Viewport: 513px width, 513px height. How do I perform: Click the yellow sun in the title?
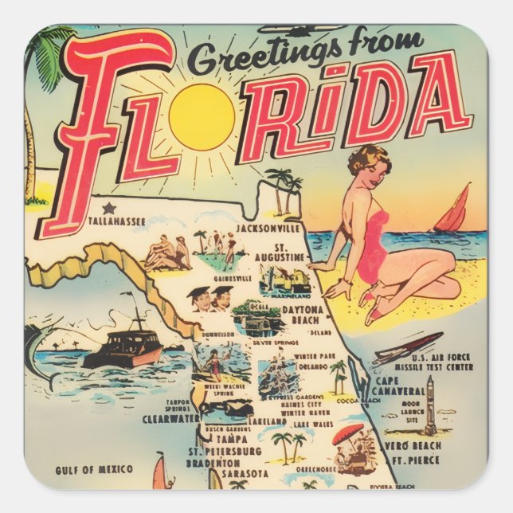coord(202,117)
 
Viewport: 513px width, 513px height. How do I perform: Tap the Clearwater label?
coord(170,417)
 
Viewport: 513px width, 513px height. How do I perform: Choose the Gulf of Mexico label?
coord(94,469)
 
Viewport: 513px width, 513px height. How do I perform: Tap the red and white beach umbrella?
coord(347,435)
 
